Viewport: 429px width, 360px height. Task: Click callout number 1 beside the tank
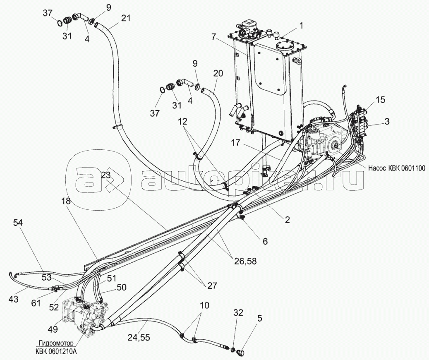click(x=301, y=26)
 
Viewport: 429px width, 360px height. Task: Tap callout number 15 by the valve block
click(x=386, y=121)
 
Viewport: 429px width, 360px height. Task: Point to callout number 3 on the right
click(x=386, y=121)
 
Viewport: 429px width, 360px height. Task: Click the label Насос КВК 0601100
click(x=396, y=168)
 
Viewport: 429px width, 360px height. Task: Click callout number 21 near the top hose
click(x=126, y=18)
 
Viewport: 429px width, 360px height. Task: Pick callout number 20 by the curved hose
click(x=218, y=74)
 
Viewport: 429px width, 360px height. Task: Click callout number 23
click(x=106, y=175)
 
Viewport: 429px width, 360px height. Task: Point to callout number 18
click(x=67, y=201)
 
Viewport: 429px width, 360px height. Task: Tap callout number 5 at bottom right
click(x=259, y=319)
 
